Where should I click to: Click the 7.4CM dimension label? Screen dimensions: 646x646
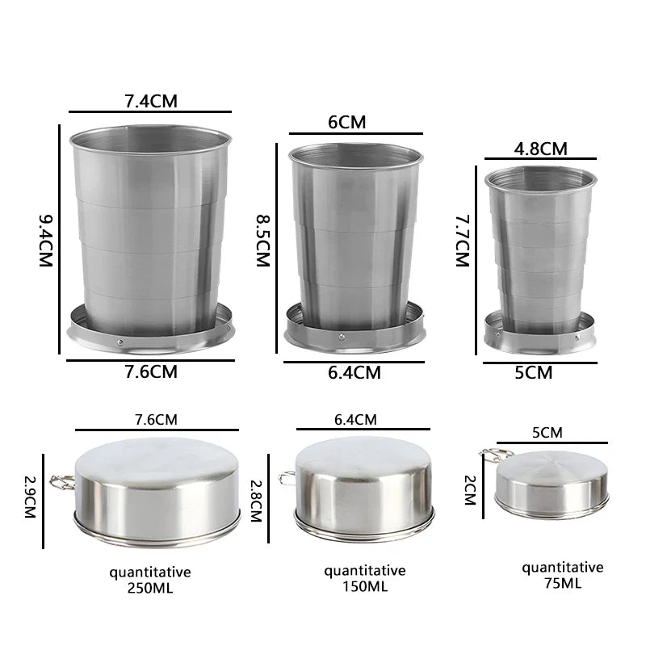pyautogui.click(x=151, y=102)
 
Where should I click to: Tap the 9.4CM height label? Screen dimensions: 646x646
pyautogui.click(x=46, y=241)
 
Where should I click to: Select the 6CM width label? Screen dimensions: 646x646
pyautogui.click(x=347, y=123)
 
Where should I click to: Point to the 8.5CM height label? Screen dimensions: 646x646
pyautogui.click(x=263, y=241)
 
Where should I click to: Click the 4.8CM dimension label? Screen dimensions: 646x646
pyautogui.click(x=540, y=149)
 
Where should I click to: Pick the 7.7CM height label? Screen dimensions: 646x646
pyautogui.click(x=462, y=241)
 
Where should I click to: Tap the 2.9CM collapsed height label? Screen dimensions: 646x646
pyautogui.click(x=30, y=497)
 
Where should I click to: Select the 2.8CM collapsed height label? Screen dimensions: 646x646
pyautogui.click(x=256, y=501)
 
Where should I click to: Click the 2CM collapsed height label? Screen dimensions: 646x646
pyautogui.click(x=470, y=490)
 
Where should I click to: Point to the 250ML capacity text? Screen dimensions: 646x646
pyautogui.click(x=150, y=589)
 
